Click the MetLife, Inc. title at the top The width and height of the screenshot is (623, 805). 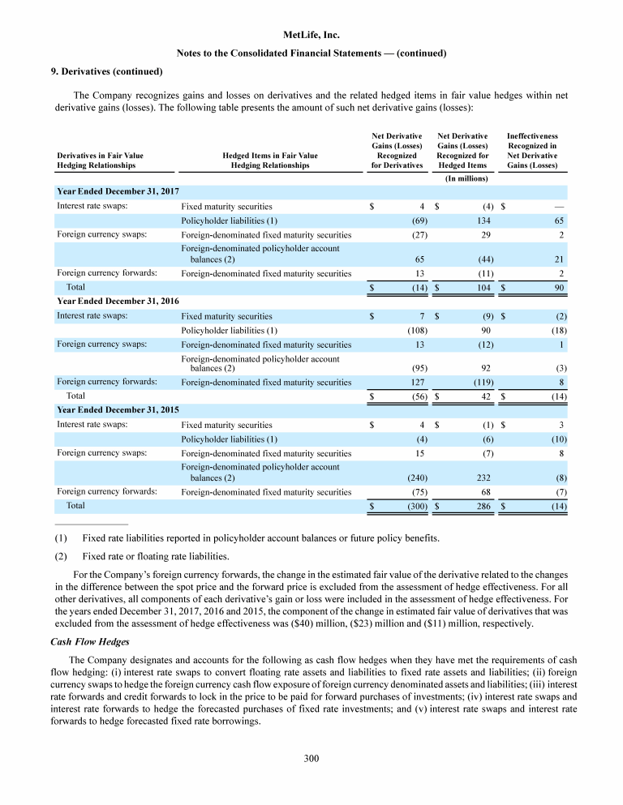(311, 36)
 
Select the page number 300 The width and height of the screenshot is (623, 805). (311, 759)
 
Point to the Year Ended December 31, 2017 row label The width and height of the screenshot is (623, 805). (118, 192)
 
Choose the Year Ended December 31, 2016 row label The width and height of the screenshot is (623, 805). (118, 301)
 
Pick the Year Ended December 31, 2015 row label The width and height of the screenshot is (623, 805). (118, 409)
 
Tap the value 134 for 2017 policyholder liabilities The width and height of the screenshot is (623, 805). (479, 220)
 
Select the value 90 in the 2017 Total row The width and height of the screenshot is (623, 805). (559, 288)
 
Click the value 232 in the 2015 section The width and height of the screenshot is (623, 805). (479, 477)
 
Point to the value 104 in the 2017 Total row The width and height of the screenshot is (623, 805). (479, 288)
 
